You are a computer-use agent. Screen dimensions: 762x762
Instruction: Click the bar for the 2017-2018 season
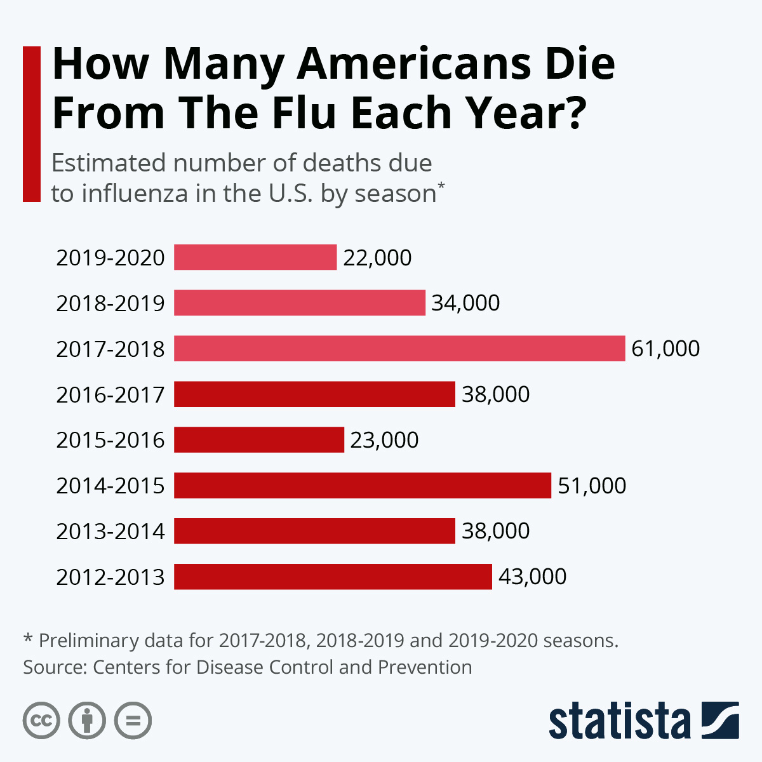(399, 349)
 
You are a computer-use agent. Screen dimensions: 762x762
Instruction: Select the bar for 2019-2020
(255, 257)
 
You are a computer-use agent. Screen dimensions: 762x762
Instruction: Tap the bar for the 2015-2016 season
(259, 439)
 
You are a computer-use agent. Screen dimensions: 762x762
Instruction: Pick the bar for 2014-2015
(363, 485)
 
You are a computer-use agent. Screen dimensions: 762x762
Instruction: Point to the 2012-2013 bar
(333, 577)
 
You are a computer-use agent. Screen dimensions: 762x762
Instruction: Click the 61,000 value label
(665, 349)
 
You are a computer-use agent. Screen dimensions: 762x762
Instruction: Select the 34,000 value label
(465, 303)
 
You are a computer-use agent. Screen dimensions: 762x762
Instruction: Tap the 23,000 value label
(384, 439)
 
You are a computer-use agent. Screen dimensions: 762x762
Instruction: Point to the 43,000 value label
(532, 577)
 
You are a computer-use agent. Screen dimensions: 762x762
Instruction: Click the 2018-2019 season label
(110, 304)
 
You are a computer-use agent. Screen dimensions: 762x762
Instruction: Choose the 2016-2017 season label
(110, 395)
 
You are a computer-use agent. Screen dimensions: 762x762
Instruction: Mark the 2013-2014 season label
(110, 531)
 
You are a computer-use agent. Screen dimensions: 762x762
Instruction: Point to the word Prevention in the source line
(425, 667)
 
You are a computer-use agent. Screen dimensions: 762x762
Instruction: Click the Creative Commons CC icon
(41, 721)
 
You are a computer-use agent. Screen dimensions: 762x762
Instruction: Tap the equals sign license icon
(133, 721)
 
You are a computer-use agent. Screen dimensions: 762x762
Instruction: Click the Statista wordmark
(619, 721)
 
